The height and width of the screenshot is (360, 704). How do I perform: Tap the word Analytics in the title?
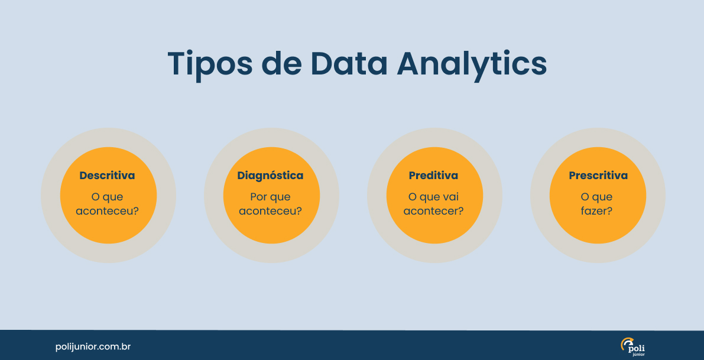pyautogui.click(x=472, y=63)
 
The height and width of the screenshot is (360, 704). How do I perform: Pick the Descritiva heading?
pyautogui.click(x=107, y=176)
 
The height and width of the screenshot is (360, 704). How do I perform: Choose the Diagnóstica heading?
pyautogui.click(x=270, y=176)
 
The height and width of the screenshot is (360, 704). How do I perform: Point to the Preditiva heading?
pyautogui.click(x=433, y=176)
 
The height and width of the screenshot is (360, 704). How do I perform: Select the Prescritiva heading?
pyautogui.click(x=598, y=176)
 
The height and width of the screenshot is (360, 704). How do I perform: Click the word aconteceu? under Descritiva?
pyautogui.click(x=108, y=211)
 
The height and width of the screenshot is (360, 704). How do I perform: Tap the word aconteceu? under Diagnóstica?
pyautogui.click(x=271, y=211)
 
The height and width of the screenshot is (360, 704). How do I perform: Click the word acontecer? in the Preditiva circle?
pyautogui.click(x=433, y=211)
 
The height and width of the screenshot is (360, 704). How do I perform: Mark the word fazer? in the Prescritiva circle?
pyautogui.click(x=596, y=211)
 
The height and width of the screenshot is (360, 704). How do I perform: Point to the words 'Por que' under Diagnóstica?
pyautogui.click(x=270, y=197)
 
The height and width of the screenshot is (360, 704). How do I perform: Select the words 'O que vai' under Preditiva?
pyautogui.click(x=433, y=197)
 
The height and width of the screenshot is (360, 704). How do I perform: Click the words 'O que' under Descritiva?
pyautogui.click(x=108, y=197)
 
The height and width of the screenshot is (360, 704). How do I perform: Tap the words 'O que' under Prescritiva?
pyautogui.click(x=596, y=197)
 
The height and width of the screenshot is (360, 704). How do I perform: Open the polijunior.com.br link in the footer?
pyautogui.click(x=93, y=346)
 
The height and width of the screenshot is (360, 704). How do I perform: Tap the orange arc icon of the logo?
pyautogui.click(x=625, y=343)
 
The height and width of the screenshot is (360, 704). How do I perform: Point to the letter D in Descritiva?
pyautogui.click(x=83, y=176)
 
